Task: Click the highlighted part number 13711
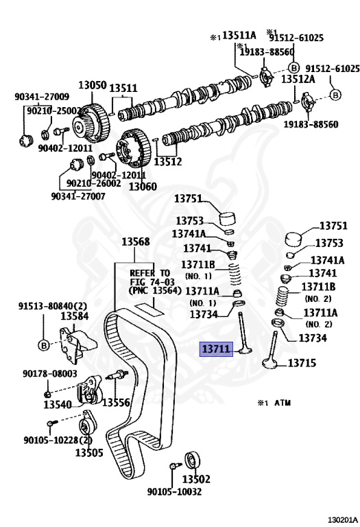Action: click(x=217, y=349)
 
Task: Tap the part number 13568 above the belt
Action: click(x=136, y=242)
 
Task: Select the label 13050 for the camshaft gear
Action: click(x=93, y=85)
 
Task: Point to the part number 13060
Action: click(x=143, y=186)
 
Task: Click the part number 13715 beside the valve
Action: click(x=302, y=363)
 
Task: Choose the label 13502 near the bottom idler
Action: click(x=196, y=478)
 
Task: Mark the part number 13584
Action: click(x=75, y=316)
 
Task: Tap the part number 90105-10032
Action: click(x=175, y=492)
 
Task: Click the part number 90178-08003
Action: click(x=50, y=373)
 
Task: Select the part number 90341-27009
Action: click(x=42, y=97)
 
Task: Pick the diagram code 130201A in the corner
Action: click(x=344, y=521)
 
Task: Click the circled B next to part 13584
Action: click(x=44, y=345)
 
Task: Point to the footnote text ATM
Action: click(x=283, y=403)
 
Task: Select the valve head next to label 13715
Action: click(x=269, y=363)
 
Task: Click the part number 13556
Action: click(x=116, y=402)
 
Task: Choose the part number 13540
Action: click(x=58, y=404)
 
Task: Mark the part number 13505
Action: click(x=89, y=452)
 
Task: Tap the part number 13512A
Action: click(x=298, y=79)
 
